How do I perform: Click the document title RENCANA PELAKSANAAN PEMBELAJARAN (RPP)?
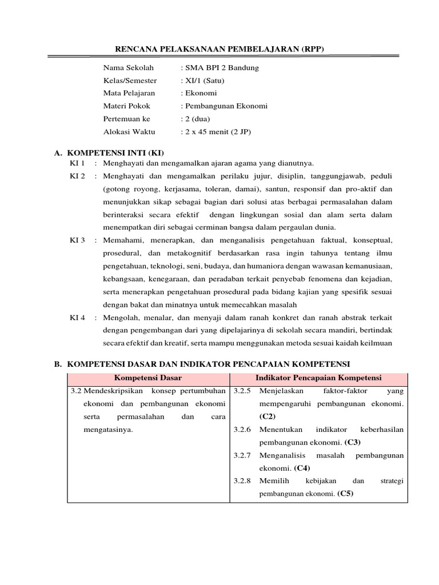(219, 49)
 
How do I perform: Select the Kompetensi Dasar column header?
(148, 378)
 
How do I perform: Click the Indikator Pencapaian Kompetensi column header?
(318, 378)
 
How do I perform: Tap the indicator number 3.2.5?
(242, 392)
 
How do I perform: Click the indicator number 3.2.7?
(242, 455)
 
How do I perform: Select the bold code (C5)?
(346, 494)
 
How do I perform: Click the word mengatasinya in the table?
(108, 430)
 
